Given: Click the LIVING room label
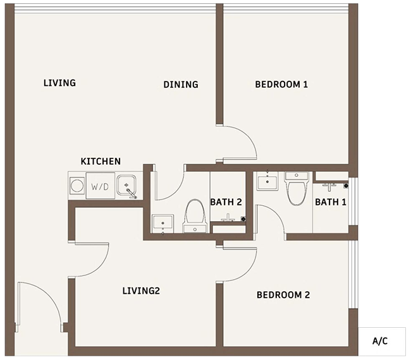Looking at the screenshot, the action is coord(59,83).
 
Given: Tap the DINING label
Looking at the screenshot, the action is coord(181,85).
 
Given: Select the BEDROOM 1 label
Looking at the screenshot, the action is coord(281,85).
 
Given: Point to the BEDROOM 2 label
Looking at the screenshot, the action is coord(283,295).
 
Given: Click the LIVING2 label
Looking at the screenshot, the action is coord(141,291).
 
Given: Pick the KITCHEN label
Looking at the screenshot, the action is coord(101,161).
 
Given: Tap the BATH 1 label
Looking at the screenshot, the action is coord(331,202).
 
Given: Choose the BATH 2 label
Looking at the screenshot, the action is coord(226,202).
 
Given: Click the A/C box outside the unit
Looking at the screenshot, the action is coord(382,342).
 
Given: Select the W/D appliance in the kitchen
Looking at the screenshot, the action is coord(101,186).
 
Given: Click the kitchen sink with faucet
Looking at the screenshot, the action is coord(126,186).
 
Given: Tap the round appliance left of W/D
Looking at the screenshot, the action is coord(77,186).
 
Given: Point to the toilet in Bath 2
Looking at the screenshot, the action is coord(195,216).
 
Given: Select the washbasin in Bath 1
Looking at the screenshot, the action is coord(267,181).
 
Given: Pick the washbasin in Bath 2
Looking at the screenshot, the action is coord(163,224).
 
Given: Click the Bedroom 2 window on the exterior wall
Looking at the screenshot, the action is coord(353,274).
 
